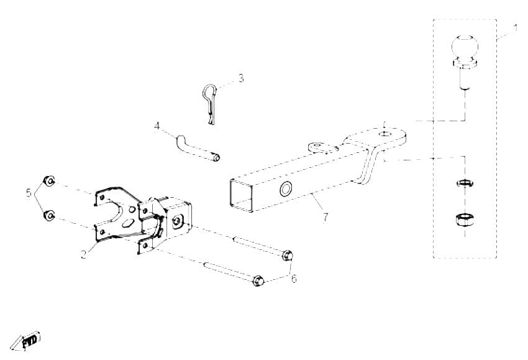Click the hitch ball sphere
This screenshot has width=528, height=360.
coord(465,48)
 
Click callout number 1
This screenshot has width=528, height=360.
coord(516,27)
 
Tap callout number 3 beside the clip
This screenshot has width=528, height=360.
coord(241,78)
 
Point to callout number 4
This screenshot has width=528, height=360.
coord(157,126)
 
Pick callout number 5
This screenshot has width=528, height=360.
coord(29,193)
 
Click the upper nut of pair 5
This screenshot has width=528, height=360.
coord(49,181)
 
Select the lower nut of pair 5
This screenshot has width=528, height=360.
coord(49,215)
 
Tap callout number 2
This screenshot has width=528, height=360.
coord(83,254)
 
